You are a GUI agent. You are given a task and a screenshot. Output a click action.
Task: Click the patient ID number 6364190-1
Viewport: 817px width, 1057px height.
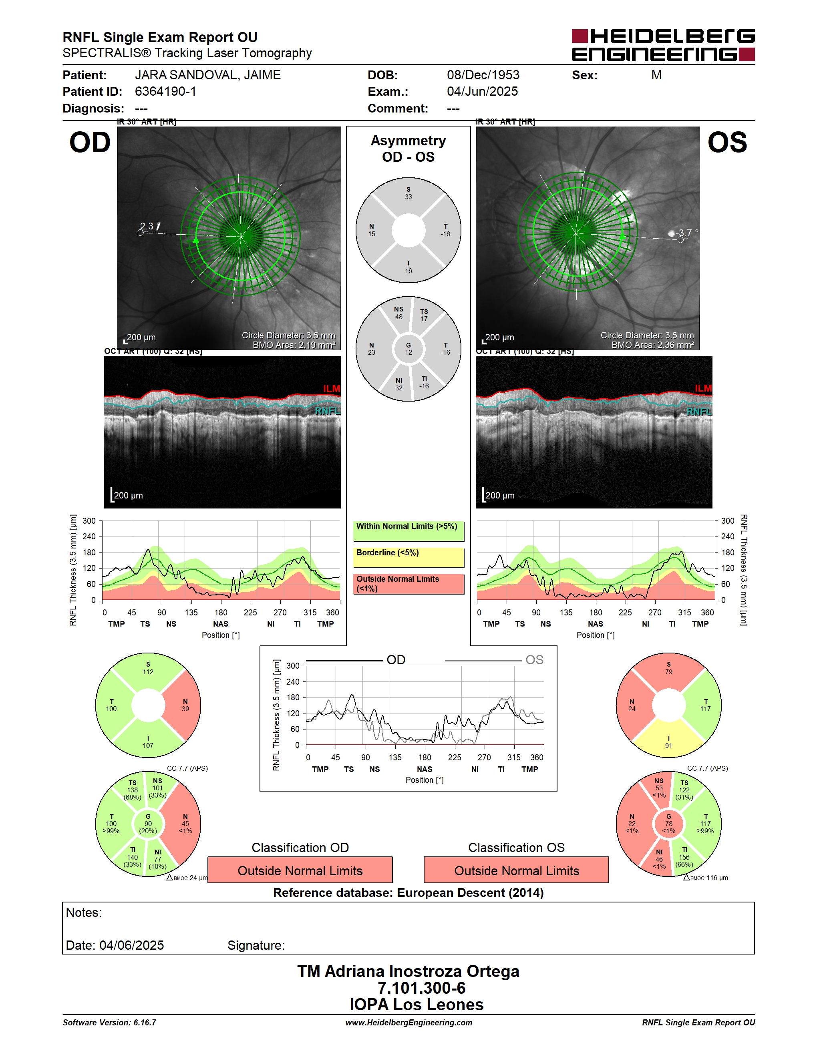pyautogui.click(x=165, y=91)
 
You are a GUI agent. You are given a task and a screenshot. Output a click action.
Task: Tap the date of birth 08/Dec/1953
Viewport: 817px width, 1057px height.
pyautogui.click(x=483, y=75)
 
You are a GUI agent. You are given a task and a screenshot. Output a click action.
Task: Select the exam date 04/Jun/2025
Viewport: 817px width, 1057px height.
pyautogui.click(x=482, y=91)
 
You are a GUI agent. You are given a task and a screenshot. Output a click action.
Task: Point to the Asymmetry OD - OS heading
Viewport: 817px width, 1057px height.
pyautogui.click(x=408, y=149)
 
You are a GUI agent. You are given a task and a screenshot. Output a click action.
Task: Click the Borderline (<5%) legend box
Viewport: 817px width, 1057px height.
pyautogui.click(x=408, y=558)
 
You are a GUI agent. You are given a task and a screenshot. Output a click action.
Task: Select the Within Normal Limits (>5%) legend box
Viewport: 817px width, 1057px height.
pyautogui.click(x=408, y=531)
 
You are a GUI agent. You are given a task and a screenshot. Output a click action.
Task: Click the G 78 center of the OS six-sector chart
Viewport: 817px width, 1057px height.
pyautogui.click(x=668, y=824)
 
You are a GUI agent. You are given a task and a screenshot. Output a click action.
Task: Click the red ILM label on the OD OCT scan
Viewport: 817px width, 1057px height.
pyautogui.click(x=332, y=389)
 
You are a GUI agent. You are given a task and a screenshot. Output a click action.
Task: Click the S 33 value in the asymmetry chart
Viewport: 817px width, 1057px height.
pyautogui.click(x=408, y=193)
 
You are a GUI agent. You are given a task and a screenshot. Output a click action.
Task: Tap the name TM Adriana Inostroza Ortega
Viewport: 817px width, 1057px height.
pyautogui.click(x=408, y=971)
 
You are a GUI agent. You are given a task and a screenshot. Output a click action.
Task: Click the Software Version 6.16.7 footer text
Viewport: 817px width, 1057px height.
pyautogui.click(x=109, y=1023)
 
